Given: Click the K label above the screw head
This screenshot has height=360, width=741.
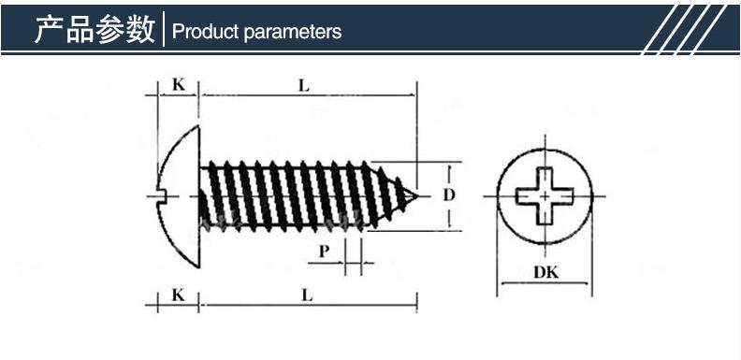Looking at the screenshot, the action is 178,84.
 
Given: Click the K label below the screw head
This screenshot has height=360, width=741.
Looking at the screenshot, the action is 178,295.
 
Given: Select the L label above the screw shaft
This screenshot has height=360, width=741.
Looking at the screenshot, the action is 304,85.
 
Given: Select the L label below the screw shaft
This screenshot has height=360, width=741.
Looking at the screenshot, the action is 307,295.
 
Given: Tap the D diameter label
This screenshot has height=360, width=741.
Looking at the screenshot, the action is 448,194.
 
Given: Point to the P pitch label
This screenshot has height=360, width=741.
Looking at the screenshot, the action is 324,252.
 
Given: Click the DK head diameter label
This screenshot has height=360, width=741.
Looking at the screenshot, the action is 545,272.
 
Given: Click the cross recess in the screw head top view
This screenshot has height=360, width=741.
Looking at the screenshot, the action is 545,195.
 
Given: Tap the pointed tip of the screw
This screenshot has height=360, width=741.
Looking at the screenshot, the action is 417,195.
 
